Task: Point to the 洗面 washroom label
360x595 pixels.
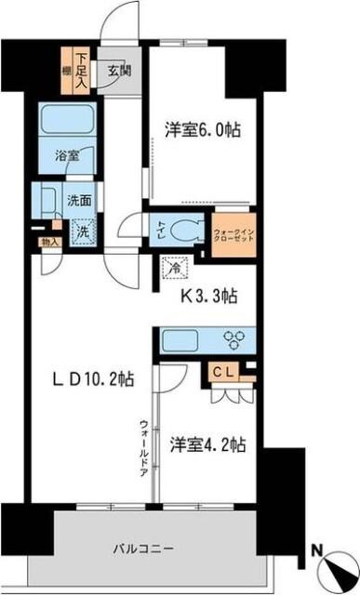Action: (78, 199)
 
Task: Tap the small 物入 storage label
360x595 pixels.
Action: (50, 243)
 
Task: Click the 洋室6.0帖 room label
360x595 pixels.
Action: (203, 131)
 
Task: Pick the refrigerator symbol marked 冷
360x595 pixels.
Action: (175, 268)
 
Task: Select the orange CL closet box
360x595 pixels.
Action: (229, 372)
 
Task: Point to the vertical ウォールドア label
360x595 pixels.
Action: (144, 447)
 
